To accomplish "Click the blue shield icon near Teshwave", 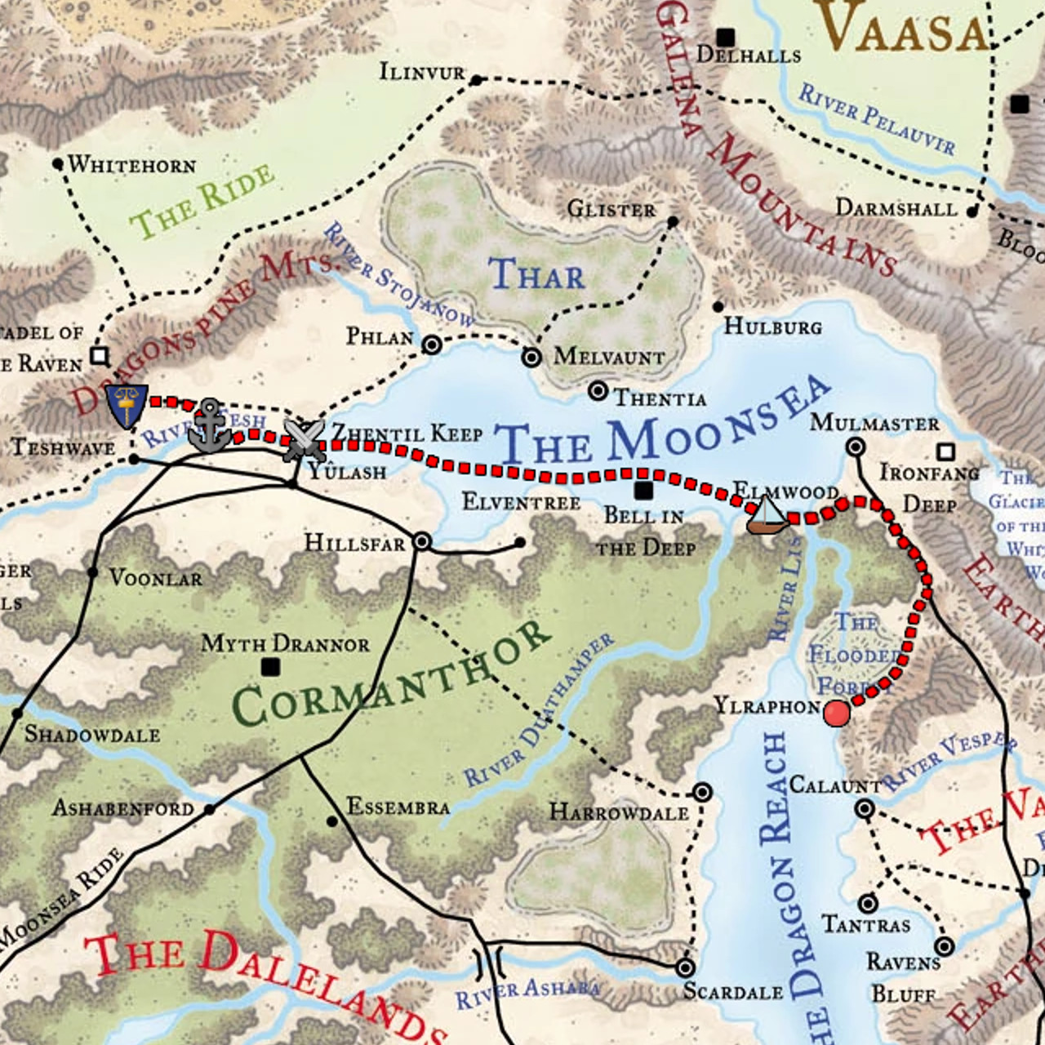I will click(x=127, y=406).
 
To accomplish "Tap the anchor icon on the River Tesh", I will click(x=210, y=426).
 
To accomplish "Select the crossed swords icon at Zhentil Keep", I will click(x=304, y=439).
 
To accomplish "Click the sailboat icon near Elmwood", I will click(x=766, y=515).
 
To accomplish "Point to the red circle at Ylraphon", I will click(x=836, y=714).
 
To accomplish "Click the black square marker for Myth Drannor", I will click(x=270, y=667).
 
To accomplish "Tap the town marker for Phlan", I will click(x=432, y=345).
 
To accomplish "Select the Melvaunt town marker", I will click(x=531, y=357).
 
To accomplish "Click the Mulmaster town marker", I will click(x=855, y=447).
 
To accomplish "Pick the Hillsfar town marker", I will click(x=421, y=541).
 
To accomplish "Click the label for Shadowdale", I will click(x=92, y=734).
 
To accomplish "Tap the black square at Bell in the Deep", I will click(x=643, y=490).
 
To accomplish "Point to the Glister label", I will click(x=611, y=210).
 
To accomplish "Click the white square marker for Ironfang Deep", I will click(x=945, y=451).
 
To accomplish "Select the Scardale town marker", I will click(x=685, y=967).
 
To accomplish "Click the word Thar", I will click(x=536, y=275).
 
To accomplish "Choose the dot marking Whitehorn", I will click(x=57, y=164).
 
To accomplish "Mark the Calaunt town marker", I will click(x=865, y=809).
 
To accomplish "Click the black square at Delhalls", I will click(x=725, y=37).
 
